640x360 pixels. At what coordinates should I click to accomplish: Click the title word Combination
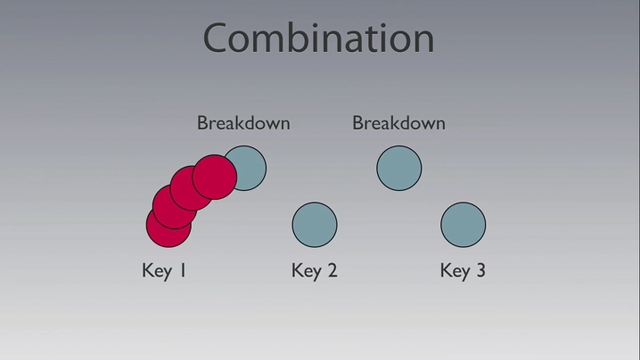318,37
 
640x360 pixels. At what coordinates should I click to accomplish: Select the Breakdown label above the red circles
243,123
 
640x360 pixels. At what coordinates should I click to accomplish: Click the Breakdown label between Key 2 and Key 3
399,123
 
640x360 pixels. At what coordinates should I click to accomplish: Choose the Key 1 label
164,270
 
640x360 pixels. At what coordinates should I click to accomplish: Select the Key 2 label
314,270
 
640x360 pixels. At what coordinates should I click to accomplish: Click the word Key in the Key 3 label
455,271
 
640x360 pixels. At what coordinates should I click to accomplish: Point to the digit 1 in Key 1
182,270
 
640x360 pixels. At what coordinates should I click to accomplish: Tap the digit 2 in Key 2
332,270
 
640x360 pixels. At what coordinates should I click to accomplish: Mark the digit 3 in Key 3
481,270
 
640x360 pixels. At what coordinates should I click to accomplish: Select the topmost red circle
214,177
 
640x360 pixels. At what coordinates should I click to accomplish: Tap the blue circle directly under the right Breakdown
399,168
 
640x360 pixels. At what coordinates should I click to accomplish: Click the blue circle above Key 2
314,224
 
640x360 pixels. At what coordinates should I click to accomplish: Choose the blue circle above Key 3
463,224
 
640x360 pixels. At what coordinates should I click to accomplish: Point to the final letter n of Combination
423,41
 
